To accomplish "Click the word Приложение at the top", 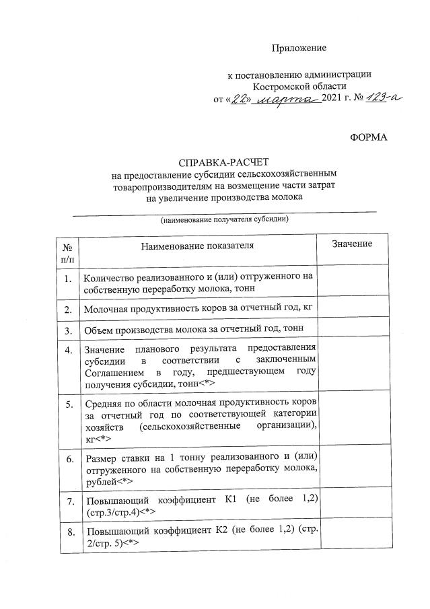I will [299, 48].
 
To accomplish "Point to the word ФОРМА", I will [369, 137].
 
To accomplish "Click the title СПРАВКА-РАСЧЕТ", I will [223, 164].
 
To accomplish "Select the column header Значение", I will [353, 244].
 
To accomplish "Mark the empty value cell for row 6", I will [353, 470].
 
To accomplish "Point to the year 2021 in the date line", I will [332, 99].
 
